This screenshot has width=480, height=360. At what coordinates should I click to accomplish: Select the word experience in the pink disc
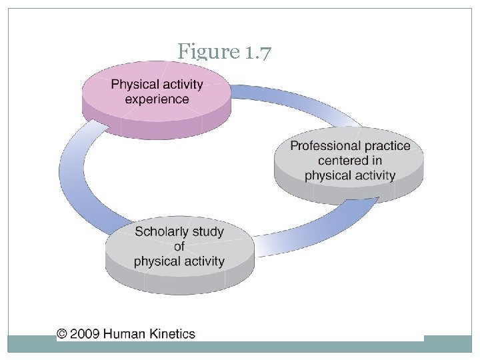click(x=157, y=99)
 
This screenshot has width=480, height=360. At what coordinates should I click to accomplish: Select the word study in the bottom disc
click(x=209, y=232)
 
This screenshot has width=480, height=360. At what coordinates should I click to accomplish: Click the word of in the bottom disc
click(x=179, y=247)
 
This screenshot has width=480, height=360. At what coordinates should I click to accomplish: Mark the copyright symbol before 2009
click(x=62, y=333)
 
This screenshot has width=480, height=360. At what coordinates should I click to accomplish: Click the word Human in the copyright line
click(x=124, y=333)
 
